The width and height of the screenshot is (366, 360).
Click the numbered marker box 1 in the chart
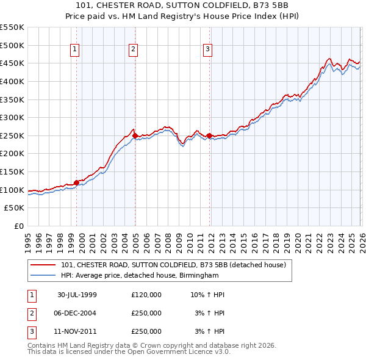[x=74, y=49]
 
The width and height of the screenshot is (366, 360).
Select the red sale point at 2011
[x=209, y=135]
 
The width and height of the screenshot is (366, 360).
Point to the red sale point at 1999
[x=77, y=182]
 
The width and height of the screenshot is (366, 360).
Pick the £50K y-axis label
[x=15, y=208]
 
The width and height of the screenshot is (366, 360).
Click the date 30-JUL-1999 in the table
[x=77, y=295]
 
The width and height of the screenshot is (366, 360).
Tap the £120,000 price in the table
[x=146, y=295]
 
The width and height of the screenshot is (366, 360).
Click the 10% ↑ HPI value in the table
[x=207, y=295]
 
